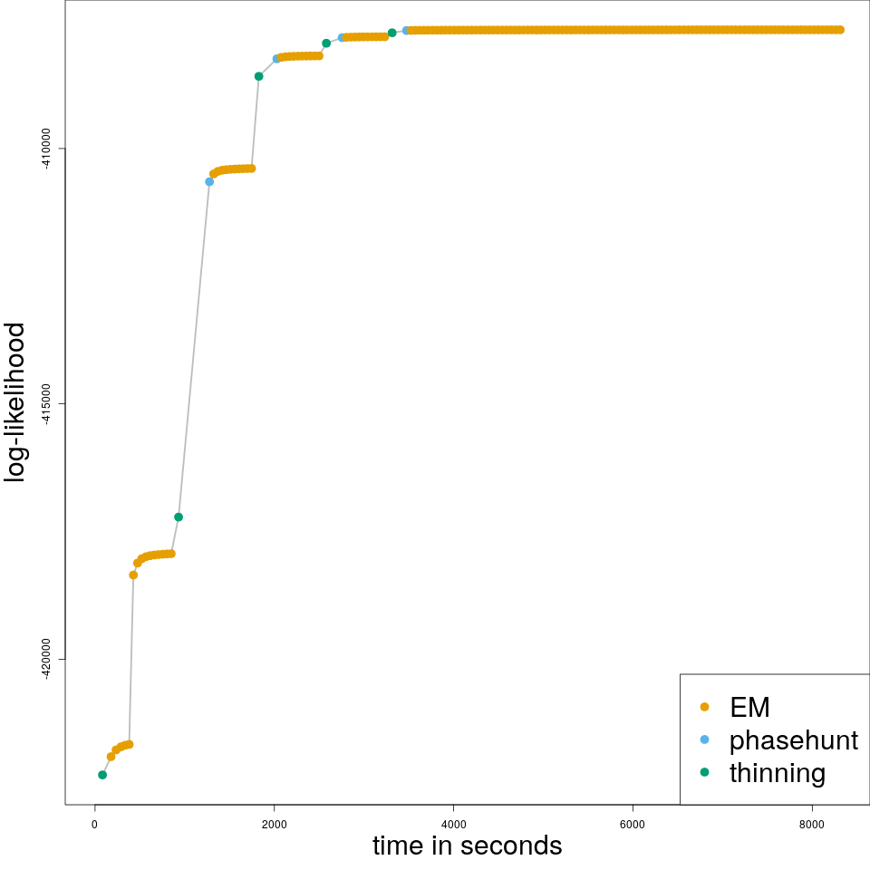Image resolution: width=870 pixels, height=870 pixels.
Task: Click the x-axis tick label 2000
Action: click(x=274, y=824)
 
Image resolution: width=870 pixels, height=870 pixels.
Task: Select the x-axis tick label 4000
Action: click(x=453, y=824)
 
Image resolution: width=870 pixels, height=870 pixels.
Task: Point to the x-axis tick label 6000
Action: click(x=633, y=824)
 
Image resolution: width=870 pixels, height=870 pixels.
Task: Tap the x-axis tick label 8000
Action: click(x=812, y=824)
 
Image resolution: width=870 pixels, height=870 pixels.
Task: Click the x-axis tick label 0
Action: click(x=94, y=824)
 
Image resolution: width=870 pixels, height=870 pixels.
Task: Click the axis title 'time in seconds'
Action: click(x=467, y=846)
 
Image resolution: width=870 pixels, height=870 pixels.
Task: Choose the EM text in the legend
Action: click(x=749, y=707)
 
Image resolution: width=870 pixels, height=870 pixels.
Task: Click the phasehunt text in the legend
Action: click(x=793, y=740)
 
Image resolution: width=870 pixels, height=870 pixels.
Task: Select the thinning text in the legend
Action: click(x=778, y=773)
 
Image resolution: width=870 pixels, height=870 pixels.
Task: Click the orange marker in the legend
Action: click(x=705, y=707)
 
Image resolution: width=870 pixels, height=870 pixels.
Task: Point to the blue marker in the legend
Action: click(x=705, y=739)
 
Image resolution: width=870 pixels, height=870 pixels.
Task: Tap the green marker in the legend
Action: click(x=705, y=772)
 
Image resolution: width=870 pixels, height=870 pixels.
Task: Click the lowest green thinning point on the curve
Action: click(x=102, y=775)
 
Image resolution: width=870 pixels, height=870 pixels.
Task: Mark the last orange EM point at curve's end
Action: click(x=840, y=30)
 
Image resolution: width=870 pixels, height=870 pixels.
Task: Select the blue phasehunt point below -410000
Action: click(x=209, y=181)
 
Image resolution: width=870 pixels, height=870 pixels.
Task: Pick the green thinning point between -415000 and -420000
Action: click(x=179, y=517)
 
